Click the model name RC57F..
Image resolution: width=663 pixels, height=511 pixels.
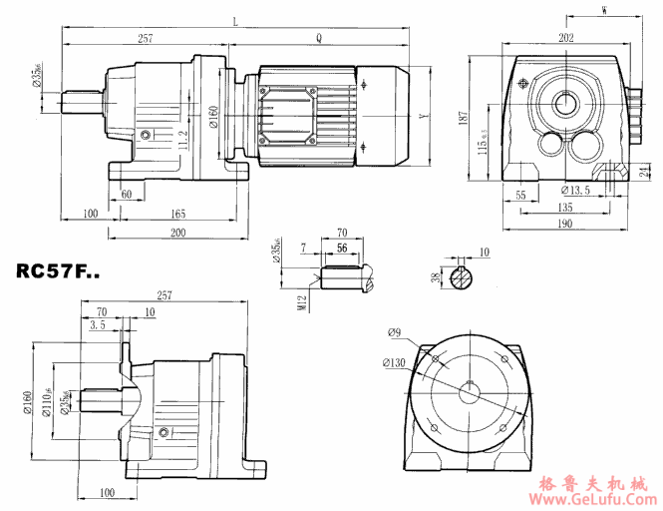[58, 270]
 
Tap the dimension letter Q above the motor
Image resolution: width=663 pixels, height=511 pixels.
[318, 37]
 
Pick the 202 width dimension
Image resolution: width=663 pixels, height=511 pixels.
[566, 38]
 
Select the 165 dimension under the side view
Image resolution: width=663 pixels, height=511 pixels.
[176, 214]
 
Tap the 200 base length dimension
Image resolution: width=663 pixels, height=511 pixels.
[177, 233]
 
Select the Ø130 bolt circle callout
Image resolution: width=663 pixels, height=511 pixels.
[395, 362]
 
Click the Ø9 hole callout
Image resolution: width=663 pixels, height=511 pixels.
[395, 332]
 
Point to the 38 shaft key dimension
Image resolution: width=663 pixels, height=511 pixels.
[433, 278]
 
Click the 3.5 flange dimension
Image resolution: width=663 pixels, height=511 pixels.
[97, 325]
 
